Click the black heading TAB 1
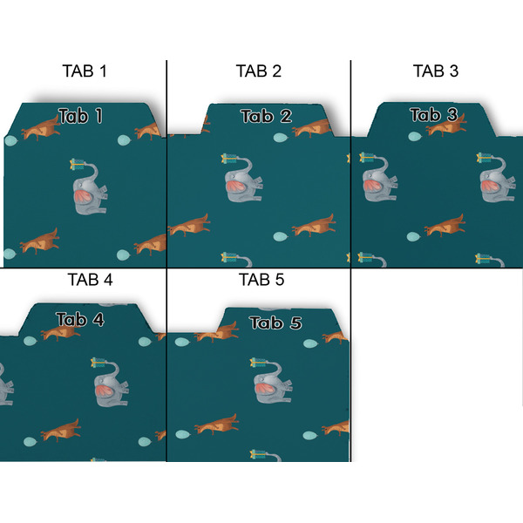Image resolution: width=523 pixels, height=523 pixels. [x=85, y=71]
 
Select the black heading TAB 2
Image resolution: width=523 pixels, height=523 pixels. [x=259, y=71]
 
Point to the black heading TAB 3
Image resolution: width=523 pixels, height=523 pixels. [x=435, y=71]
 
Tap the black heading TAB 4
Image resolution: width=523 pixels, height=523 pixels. [x=89, y=281]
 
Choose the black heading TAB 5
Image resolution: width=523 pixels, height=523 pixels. [x=261, y=281]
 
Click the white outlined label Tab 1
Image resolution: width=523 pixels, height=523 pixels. [x=80, y=115]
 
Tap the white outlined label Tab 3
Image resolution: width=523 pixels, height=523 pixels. [x=433, y=114]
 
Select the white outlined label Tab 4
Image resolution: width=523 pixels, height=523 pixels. [x=80, y=320]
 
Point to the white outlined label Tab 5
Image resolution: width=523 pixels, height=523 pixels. [x=275, y=323]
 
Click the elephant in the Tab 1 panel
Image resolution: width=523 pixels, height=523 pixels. [x=89, y=195]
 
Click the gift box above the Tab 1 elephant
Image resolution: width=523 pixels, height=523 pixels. [x=81, y=163]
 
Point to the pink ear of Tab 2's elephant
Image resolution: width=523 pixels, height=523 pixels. [x=238, y=185]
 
